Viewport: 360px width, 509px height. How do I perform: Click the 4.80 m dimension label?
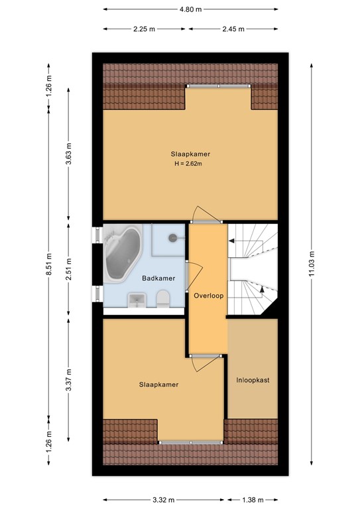click(191, 10)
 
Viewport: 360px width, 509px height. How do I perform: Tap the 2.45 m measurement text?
click(232, 29)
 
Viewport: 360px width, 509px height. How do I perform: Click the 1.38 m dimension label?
click(252, 500)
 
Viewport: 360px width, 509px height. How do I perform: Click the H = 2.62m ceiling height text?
click(188, 164)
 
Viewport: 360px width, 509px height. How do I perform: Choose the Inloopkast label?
click(252, 380)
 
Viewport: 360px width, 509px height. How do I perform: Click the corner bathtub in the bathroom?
click(122, 254)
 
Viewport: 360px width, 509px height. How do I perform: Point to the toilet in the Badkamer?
click(163, 300)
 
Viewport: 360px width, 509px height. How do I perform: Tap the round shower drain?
click(174, 237)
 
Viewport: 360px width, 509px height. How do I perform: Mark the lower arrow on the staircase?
click(263, 288)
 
